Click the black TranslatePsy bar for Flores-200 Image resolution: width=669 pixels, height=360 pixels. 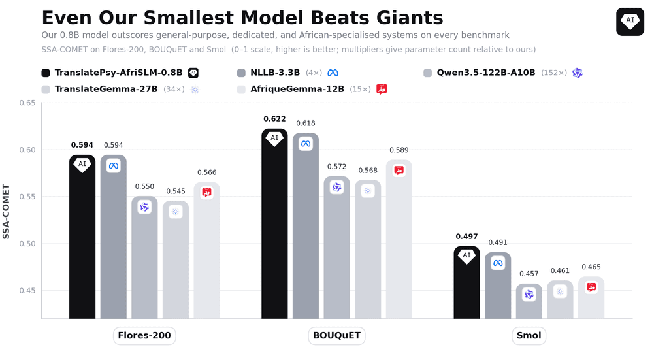point(82,237)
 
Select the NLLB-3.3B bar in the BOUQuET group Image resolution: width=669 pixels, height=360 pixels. point(306,225)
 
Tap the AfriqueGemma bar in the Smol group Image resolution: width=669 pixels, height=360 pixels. point(591,298)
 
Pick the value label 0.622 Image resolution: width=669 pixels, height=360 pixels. point(274,119)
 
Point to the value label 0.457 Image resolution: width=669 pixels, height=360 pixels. point(529,274)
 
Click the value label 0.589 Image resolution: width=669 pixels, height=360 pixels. point(399,150)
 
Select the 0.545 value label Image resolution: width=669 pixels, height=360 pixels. point(176,191)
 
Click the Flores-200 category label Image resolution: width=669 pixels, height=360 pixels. point(144,335)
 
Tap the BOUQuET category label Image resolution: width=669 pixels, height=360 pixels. point(336,335)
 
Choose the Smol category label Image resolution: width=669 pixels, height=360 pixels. point(529,335)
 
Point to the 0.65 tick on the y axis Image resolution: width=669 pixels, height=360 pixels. point(27,103)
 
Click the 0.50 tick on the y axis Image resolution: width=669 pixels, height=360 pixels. point(27,244)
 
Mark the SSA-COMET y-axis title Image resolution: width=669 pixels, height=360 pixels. point(6,211)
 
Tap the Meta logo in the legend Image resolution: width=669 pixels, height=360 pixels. point(333,73)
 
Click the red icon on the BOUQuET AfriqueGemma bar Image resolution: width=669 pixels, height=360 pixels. point(399,171)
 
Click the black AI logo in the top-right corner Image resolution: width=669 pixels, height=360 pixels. point(630,22)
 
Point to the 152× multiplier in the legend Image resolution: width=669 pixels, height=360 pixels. point(554,73)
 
